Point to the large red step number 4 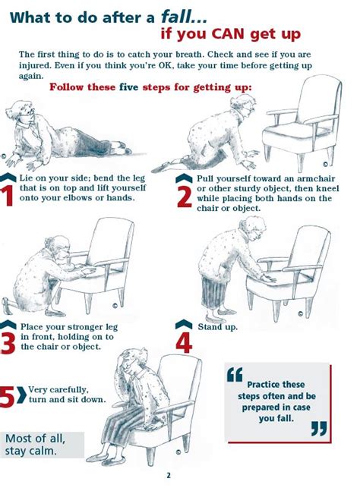[x=185, y=341]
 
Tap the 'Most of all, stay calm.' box [x=42, y=444]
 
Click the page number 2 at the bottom [x=169, y=476]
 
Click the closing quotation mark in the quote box [x=319, y=429]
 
